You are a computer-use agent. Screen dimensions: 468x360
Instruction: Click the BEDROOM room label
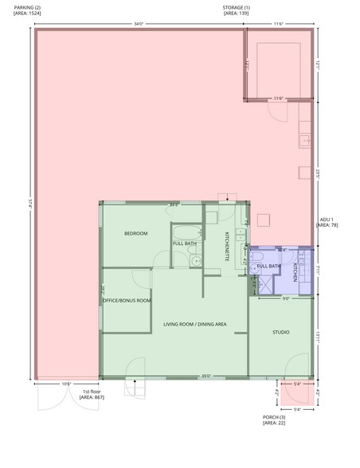[x=135, y=233]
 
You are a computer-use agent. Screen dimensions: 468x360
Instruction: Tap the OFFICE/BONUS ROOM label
[x=127, y=300]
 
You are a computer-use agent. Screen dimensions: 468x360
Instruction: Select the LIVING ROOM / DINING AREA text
[x=195, y=324]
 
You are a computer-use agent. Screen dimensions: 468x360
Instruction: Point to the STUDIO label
[x=280, y=332]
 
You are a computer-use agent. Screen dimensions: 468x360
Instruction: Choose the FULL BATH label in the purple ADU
[x=268, y=266]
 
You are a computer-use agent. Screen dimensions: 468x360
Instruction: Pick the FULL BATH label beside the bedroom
[x=185, y=243]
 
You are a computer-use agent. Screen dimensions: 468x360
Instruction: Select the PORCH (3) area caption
[x=274, y=419]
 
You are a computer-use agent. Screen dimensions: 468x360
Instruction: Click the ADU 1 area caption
[x=328, y=221]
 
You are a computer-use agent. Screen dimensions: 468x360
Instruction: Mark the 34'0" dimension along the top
[x=138, y=24]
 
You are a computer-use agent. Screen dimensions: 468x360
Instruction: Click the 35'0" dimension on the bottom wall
[x=205, y=376]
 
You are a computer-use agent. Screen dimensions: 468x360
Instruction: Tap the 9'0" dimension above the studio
[x=285, y=299]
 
